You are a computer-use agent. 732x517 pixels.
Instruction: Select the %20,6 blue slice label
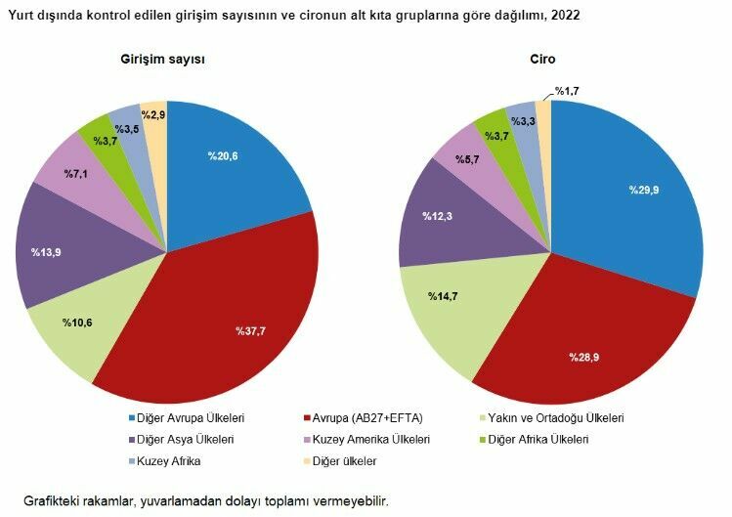[223, 154]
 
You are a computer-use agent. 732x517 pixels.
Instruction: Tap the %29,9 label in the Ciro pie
[644, 190]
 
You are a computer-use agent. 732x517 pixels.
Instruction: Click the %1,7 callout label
[569, 91]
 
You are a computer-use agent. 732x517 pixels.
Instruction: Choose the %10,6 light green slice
[78, 323]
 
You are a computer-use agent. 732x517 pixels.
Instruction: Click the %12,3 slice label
[438, 214]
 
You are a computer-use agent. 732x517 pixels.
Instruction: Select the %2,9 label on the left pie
[152, 115]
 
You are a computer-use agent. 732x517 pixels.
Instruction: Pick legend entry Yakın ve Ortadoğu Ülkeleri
[555, 418]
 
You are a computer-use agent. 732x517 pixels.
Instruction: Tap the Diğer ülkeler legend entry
[345, 461]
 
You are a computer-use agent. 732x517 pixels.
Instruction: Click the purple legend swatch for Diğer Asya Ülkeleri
[133, 440]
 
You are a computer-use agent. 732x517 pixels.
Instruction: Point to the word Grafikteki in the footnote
[53, 500]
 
